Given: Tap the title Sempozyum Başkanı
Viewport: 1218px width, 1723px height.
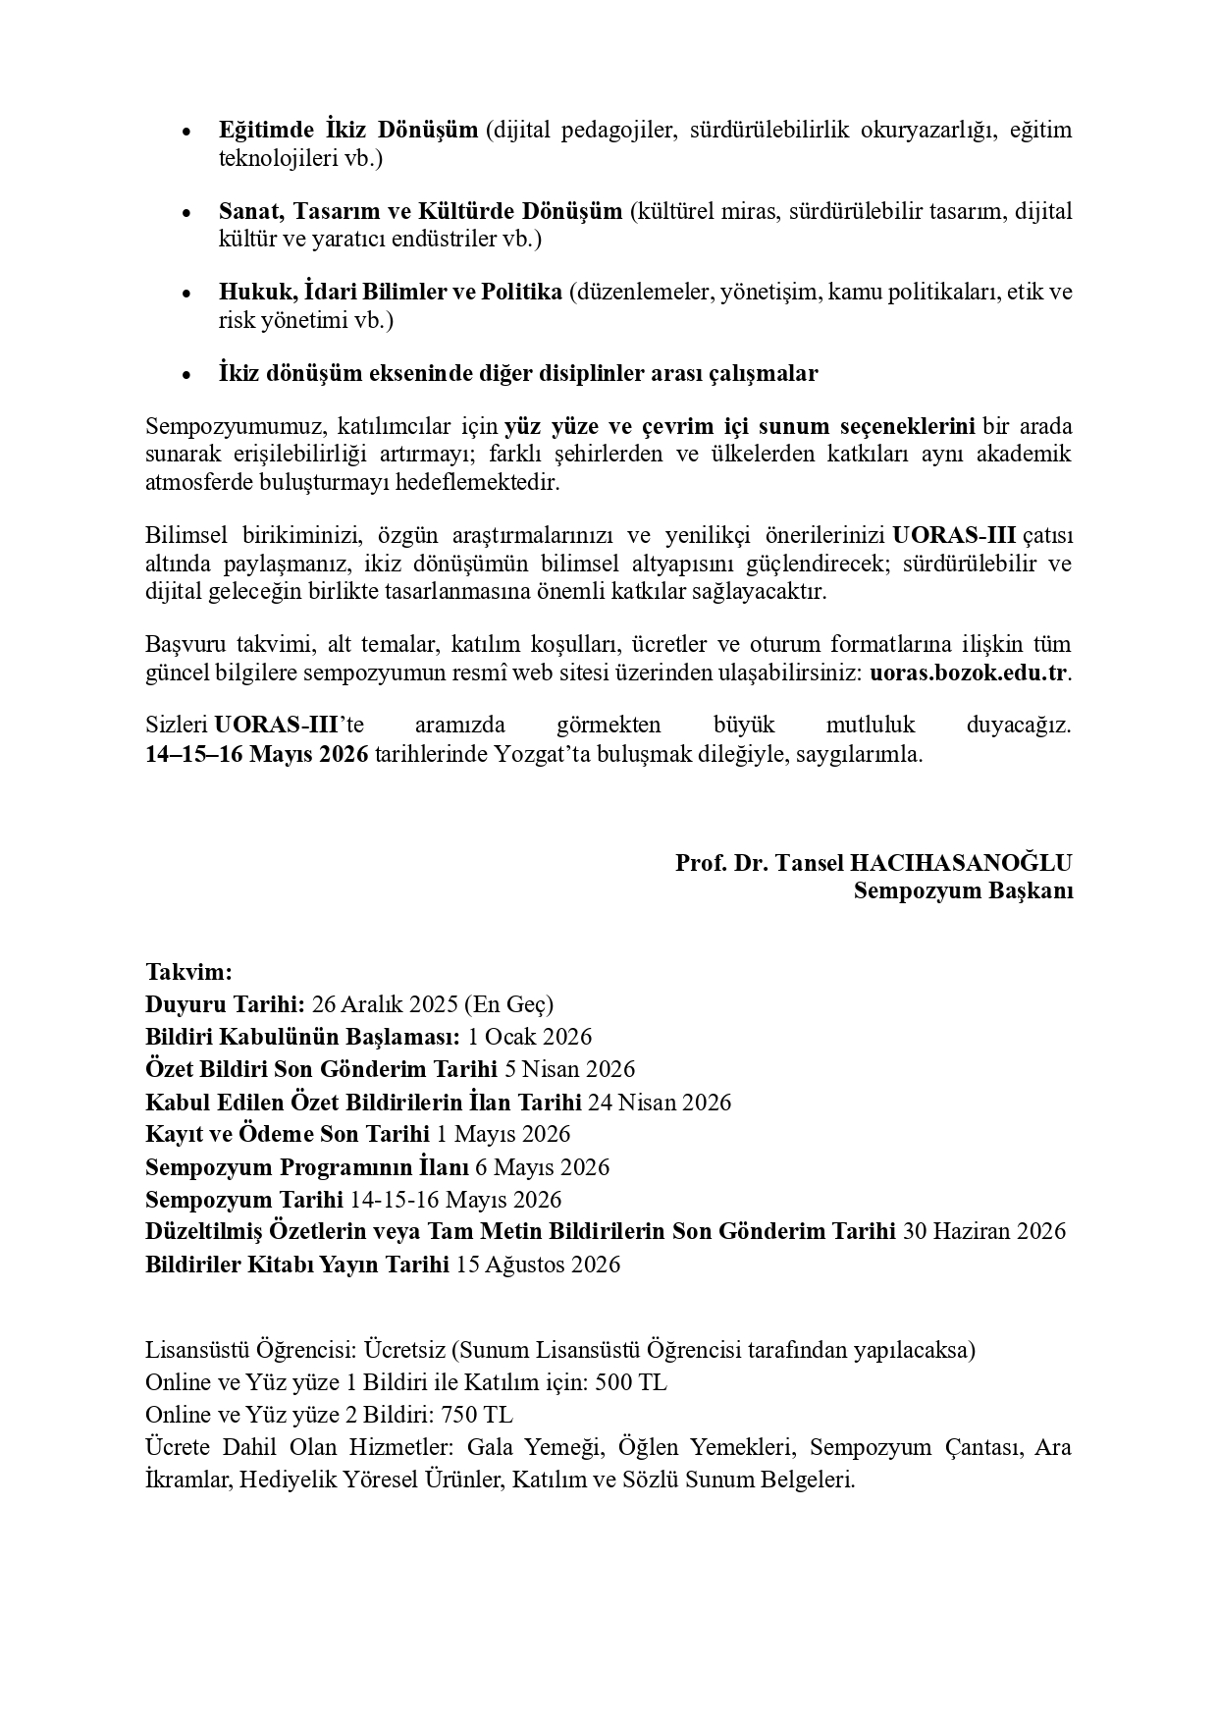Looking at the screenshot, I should coord(963,890).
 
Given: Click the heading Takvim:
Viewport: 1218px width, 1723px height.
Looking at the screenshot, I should coord(188,972).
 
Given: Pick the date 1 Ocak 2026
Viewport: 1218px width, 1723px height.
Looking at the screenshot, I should coord(530,1037).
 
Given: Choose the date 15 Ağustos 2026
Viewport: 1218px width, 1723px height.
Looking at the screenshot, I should coord(539,1264).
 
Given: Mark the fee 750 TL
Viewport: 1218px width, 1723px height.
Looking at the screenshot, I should coord(477,1415).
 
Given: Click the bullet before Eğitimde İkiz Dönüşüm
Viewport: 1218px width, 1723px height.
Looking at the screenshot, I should coord(186,132).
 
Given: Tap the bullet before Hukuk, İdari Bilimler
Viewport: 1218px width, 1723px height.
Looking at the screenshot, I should coord(186,294).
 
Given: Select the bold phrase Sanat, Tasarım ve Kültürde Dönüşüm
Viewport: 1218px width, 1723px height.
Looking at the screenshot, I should coord(420,211).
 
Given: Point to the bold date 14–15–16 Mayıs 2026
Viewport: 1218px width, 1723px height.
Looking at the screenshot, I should coord(257,755).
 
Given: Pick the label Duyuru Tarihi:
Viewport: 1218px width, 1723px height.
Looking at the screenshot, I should coord(225,1004).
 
